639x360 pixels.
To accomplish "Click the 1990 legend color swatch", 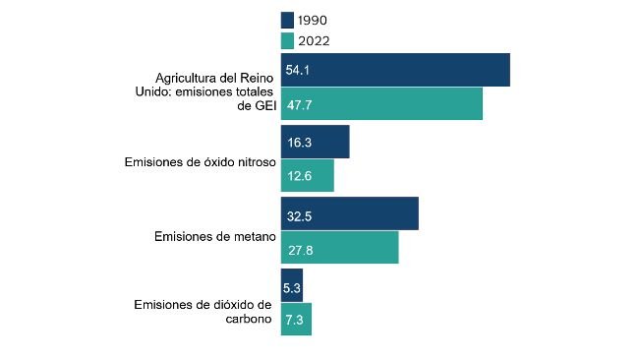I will [x=287, y=20].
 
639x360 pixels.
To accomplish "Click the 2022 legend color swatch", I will [x=287, y=40].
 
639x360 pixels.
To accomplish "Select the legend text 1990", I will [x=314, y=20].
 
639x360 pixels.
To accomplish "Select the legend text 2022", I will [x=314, y=40].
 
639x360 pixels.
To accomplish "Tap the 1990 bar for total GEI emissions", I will [x=395, y=70].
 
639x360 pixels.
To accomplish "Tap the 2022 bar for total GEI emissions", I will [x=381, y=103].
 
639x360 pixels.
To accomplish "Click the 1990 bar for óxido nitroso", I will [x=315, y=142].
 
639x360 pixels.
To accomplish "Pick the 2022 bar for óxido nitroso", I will [x=308, y=175].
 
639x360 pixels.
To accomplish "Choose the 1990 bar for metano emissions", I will [x=350, y=213].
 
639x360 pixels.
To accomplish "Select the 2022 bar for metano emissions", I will [x=339, y=247].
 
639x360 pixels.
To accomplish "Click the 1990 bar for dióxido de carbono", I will [x=292, y=285].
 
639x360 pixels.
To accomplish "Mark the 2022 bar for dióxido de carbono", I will [x=296, y=319].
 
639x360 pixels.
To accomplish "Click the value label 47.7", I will [x=299, y=104].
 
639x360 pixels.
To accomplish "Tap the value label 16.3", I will [x=299, y=143].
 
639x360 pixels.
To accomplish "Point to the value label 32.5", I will [x=299, y=214].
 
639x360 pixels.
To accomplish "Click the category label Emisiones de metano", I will [x=214, y=237].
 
